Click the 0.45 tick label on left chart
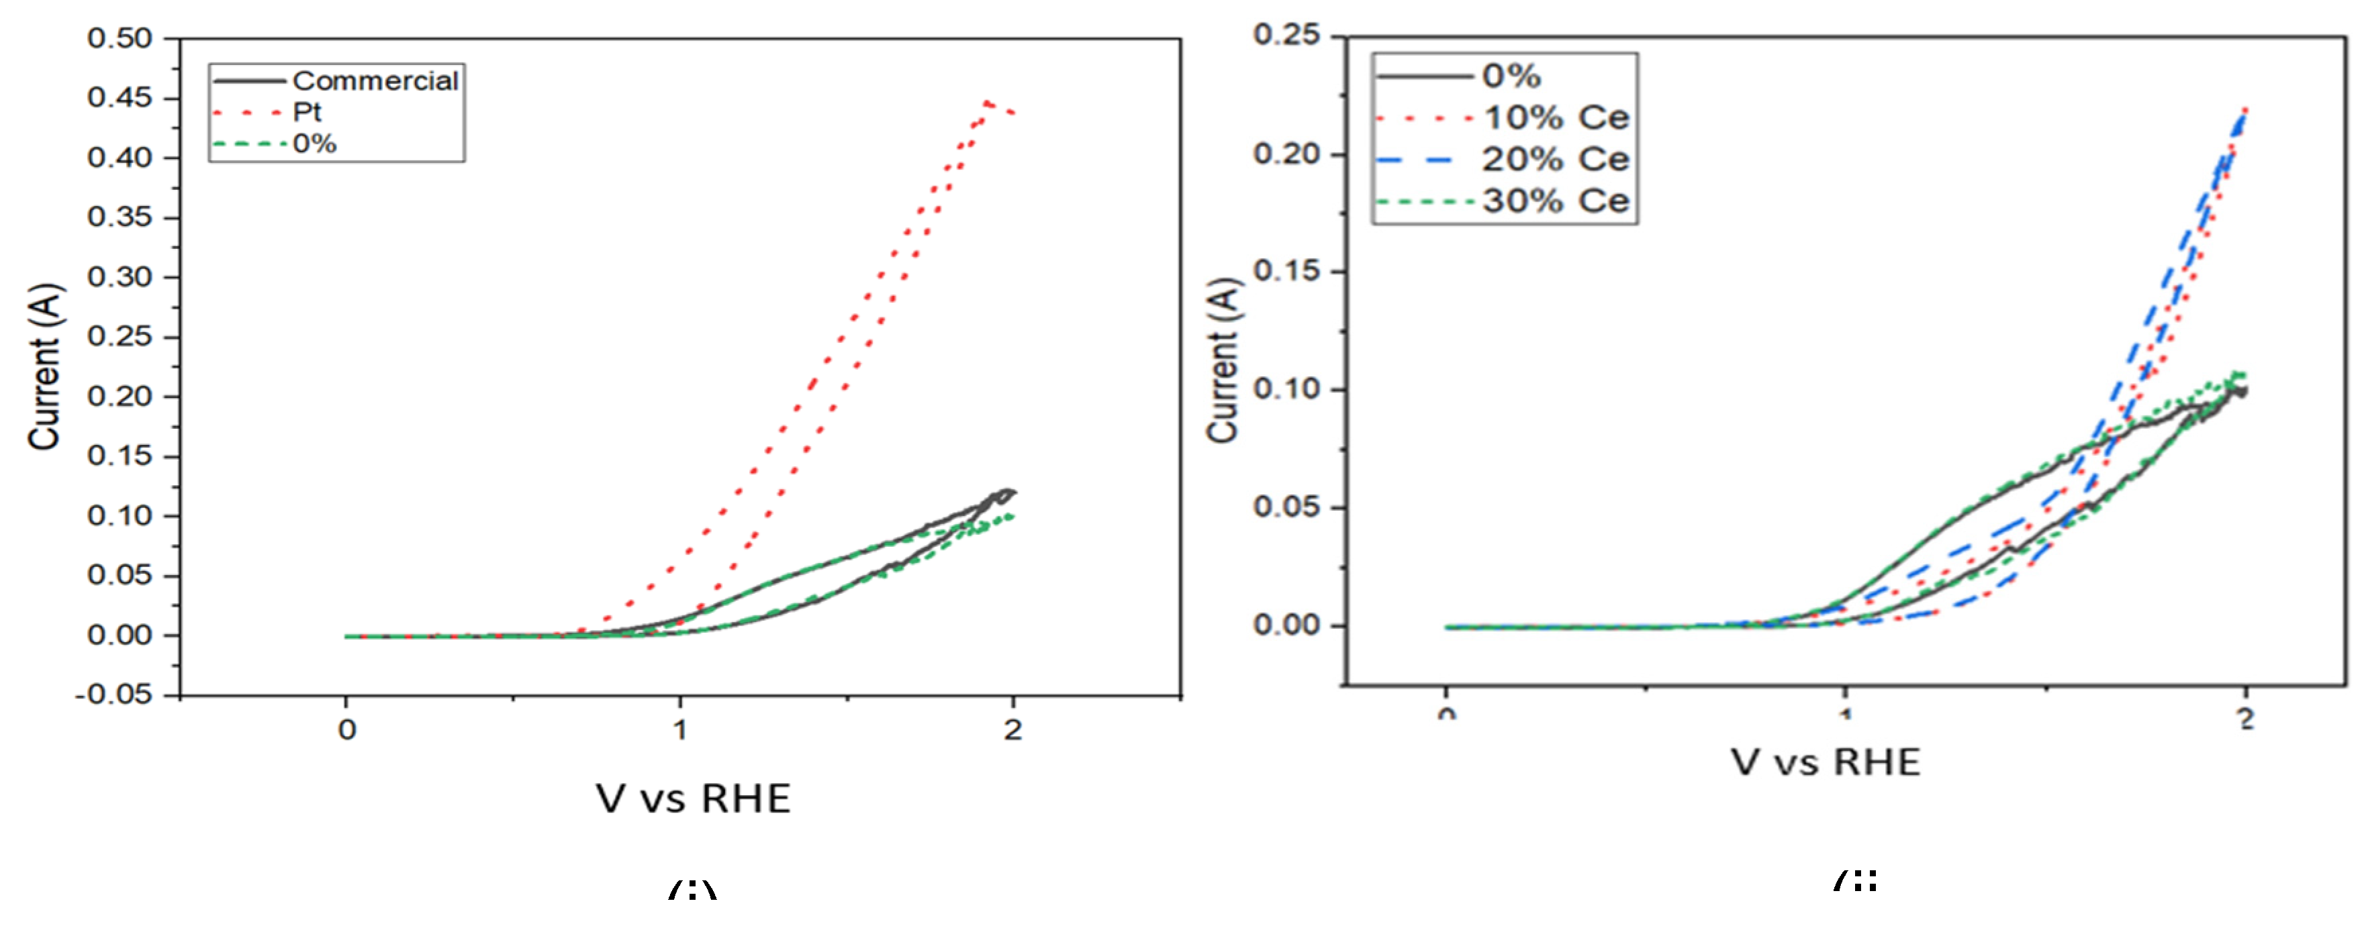click(x=120, y=97)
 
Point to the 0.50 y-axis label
click(x=120, y=38)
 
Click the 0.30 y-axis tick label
click(x=120, y=276)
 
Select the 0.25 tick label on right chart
click(x=1287, y=35)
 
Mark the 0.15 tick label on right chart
click(x=1287, y=271)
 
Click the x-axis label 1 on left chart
click(x=679, y=730)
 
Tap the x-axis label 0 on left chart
click(x=346, y=730)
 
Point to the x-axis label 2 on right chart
click(x=2246, y=721)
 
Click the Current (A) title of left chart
click(x=44, y=367)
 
